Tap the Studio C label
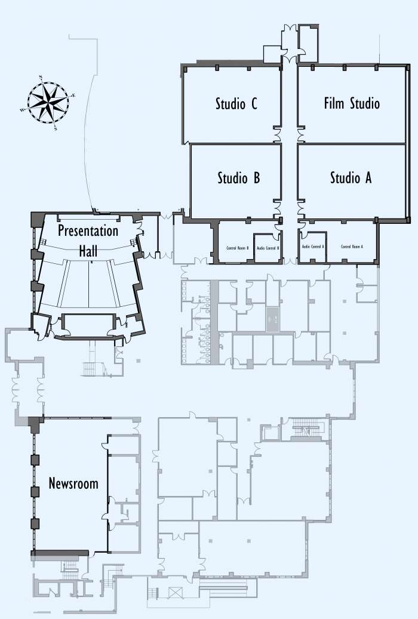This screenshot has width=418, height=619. coord(236,104)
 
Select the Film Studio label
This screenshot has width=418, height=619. coord(352,103)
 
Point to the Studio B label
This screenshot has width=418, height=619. coord(238,178)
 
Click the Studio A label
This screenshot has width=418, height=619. coord(351,178)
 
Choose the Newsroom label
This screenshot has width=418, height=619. coord(73,484)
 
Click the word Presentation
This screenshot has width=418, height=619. coord(88,230)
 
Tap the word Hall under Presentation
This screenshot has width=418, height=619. coord(88,251)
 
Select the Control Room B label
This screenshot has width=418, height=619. coord(237,247)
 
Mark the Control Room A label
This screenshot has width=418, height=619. coord(352,247)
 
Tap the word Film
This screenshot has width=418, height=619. coord(334,103)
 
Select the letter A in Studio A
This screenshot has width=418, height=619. coord(368,178)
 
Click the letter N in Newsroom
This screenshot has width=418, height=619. coord(53,484)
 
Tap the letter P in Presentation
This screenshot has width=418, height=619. coord(62,230)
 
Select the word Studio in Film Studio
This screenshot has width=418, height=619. coord(364,103)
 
